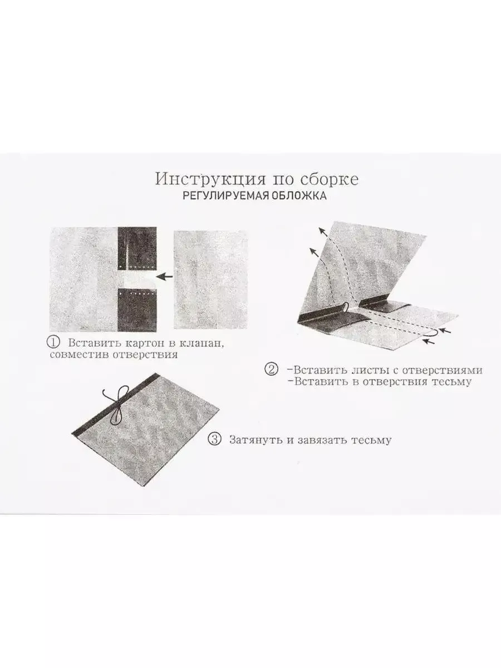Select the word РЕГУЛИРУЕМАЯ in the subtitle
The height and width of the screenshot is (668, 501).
click(226, 195)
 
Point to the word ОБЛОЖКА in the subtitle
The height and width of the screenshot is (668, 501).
click(299, 195)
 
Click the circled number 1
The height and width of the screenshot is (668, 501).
click(53, 342)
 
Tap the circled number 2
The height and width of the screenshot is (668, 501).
click(271, 370)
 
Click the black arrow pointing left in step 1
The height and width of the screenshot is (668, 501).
click(164, 276)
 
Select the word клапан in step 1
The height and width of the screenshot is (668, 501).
click(201, 343)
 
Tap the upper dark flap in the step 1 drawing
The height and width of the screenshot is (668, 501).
click(137, 248)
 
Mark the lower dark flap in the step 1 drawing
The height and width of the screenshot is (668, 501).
click(137, 310)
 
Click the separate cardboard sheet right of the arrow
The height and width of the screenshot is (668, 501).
click(210, 279)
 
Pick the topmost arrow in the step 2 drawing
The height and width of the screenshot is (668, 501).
click(323, 232)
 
